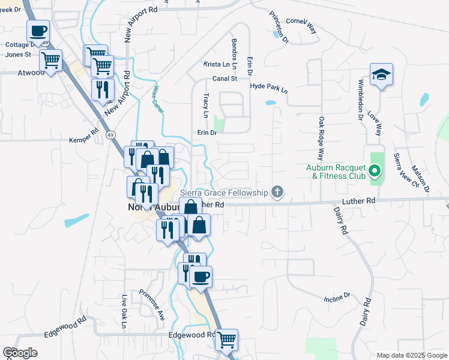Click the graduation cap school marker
pos(381,75)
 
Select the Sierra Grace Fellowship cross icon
pos(277,192)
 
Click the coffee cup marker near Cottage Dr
pos(38,31)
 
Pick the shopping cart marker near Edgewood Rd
pos(227,340)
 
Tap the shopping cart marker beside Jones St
pos(51,60)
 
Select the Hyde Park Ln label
pos(269,88)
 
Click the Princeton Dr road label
pos(279,27)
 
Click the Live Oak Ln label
pos(124,311)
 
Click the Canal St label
pos(225,78)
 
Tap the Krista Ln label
pos(217,64)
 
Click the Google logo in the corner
pos(20,353)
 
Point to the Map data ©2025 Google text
pos(411,355)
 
